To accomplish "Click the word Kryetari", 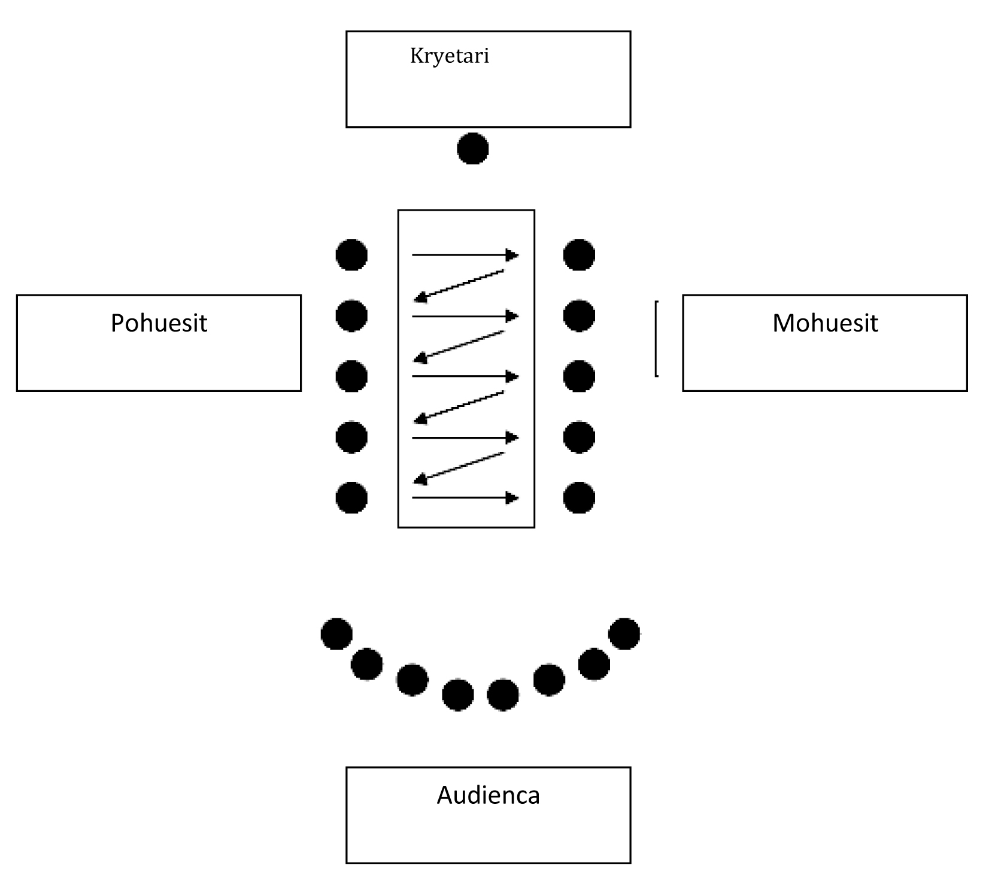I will click(449, 56).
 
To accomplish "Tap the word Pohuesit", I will click(159, 323).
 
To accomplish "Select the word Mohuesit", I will click(825, 323).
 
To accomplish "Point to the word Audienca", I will click(488, 795).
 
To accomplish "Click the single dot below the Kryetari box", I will click(472, 148).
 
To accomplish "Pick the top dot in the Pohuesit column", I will click(351, 255).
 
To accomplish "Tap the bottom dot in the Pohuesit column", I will click(351, 497).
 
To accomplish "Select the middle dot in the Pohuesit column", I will click(351, 376).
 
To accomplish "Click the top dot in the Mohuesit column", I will click(579, 255).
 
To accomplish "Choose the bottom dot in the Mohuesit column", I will click(579, 497).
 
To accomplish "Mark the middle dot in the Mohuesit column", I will click(579, 376).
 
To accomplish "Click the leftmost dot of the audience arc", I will click(336, 634).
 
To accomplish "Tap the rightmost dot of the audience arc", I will click(624, 634).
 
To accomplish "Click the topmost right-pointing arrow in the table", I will click(465, 256).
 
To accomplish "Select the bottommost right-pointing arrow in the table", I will click(465, 498).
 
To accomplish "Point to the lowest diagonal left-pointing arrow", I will click(459, 467).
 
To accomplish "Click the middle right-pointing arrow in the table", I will click(465, 376).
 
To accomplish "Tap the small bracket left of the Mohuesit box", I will click(657, 339).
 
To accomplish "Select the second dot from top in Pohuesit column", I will click(351, 315).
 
